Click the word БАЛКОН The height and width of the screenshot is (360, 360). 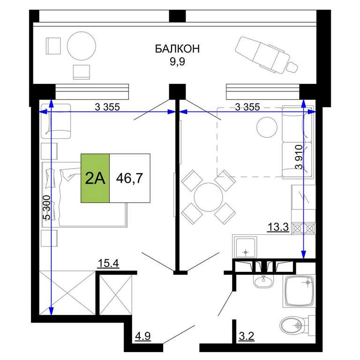click(x=177, y=49)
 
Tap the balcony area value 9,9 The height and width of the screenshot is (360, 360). click(x=177, y=62)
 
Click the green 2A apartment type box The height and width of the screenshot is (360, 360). click(x=95, y=178)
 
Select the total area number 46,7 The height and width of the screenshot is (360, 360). click(x=129, y=178)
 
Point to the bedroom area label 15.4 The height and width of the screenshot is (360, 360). click(x=108, y=263)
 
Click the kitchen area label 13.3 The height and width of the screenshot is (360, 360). click(x=278, y=227)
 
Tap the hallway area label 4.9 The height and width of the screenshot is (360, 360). click(x=143, y=336)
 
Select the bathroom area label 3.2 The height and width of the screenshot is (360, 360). click(x=247, y=336)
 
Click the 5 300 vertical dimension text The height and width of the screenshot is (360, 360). click(x=46, y=208)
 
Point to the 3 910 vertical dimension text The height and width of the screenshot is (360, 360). click(x=300, y=157)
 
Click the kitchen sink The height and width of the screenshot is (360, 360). click(x=246, y=248)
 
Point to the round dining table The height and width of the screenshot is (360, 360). click(x=209, y=197)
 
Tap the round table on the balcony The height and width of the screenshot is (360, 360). click(x=82, y=46)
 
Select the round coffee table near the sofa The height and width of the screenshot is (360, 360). click(x=267, y=127)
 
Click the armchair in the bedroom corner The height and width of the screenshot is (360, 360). click(x=56, y=121)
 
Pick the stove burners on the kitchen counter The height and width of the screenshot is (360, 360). click(x=304, y=228)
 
